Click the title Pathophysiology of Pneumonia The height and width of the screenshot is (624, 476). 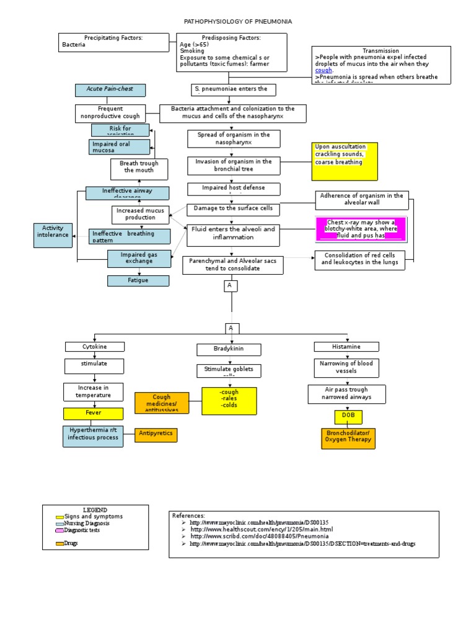[238, 22]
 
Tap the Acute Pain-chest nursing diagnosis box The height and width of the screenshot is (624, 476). [110, 90]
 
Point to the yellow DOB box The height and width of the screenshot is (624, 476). [348, 416]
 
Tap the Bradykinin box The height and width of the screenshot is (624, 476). [229, 350]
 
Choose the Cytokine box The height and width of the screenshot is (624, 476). [95, 347]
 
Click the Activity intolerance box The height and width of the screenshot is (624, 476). [53, 235]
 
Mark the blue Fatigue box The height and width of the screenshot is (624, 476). [138, 280]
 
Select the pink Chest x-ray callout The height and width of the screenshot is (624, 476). [361, 229]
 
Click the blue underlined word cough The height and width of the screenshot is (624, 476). [324, 71]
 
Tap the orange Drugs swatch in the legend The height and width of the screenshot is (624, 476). [59, 544]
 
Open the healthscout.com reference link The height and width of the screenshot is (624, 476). [262, 529]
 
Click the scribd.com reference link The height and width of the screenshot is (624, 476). [259, 536]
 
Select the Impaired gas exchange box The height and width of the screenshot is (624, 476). [139, 258]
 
